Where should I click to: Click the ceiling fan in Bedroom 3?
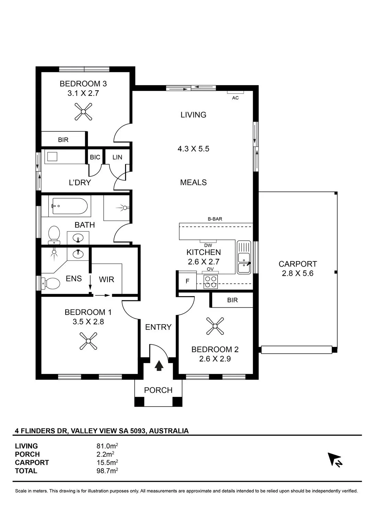[83, 112]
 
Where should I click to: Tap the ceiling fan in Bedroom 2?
[215, 326]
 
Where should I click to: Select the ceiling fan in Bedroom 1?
[88, 341]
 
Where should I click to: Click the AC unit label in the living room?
[235, 98]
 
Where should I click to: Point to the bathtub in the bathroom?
[70, 206]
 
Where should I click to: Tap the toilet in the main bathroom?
[54, 235]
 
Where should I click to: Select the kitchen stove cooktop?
[211, 282]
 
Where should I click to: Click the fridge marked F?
[188, 281]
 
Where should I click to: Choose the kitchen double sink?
[244, 257]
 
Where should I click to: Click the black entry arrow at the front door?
[159, 366]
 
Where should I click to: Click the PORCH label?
[158, 390]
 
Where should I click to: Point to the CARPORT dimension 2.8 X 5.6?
[298, 273]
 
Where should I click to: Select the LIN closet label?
[117, 157]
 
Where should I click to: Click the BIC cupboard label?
[95, 157]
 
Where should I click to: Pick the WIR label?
[106, 280]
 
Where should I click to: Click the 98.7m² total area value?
[107, 471]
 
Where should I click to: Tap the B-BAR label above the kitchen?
[215, 219]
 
